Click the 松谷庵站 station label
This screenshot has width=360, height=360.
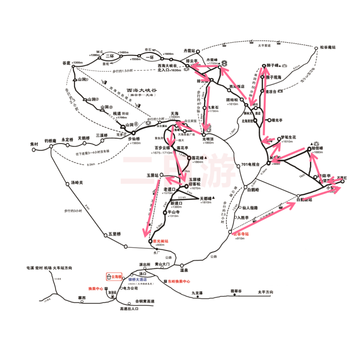pos(328,47)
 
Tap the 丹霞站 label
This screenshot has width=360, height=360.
pos(189,51)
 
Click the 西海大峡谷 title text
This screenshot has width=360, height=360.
pos(142,90)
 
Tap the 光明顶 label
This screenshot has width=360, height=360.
pos(208,138)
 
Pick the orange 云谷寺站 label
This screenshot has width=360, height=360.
pos(240,234)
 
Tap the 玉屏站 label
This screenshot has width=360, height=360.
pos(154,174)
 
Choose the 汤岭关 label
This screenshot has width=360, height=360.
pos(78,183)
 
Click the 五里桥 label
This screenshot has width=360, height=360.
pos(115,234)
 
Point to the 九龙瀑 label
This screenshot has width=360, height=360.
pos(197,292)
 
